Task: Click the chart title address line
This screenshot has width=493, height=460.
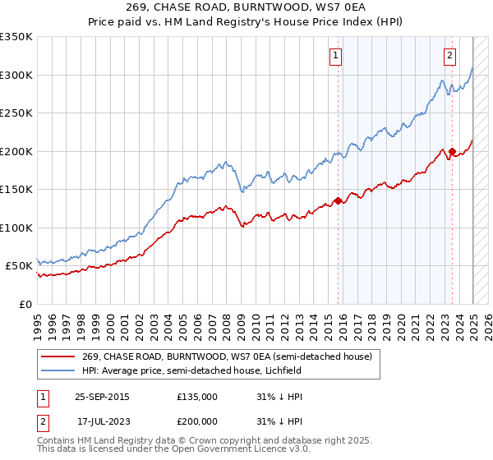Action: pyautogui.click(x=246, y=8)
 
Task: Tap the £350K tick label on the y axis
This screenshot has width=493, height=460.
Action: pyautogui.click(x=16, y=37)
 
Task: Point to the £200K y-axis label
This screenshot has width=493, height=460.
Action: pyautogui.click(x=16, y=151)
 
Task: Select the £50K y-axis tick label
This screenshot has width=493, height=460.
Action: pyautogui.click(x=19, y=266)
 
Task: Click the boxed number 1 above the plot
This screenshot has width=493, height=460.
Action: pyautogui.click(x=337, y=56)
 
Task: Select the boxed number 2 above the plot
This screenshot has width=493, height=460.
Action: pyautogui.click(x=450, y=56)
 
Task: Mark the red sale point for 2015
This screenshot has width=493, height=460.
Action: pyautogui.click(x=338, y=200)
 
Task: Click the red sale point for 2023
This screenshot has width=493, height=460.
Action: pyautogui.click(x=452, y=151)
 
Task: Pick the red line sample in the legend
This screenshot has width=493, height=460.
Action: pyautogui.click(x=58, y=356)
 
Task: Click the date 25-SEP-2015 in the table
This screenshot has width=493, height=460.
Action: pyautogui.click(x=102, y=397)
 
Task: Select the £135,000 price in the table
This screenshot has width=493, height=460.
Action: pyautogui.click(x=196, y=397)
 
